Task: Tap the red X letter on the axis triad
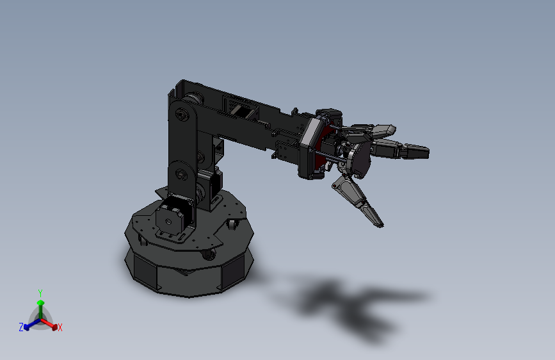[60, 327]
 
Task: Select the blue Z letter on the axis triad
[21, 327]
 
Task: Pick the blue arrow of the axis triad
[29, 324]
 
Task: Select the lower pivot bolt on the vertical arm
[181, 173]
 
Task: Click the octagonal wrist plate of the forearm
[309, 149]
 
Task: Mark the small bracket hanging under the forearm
[282, 151]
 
